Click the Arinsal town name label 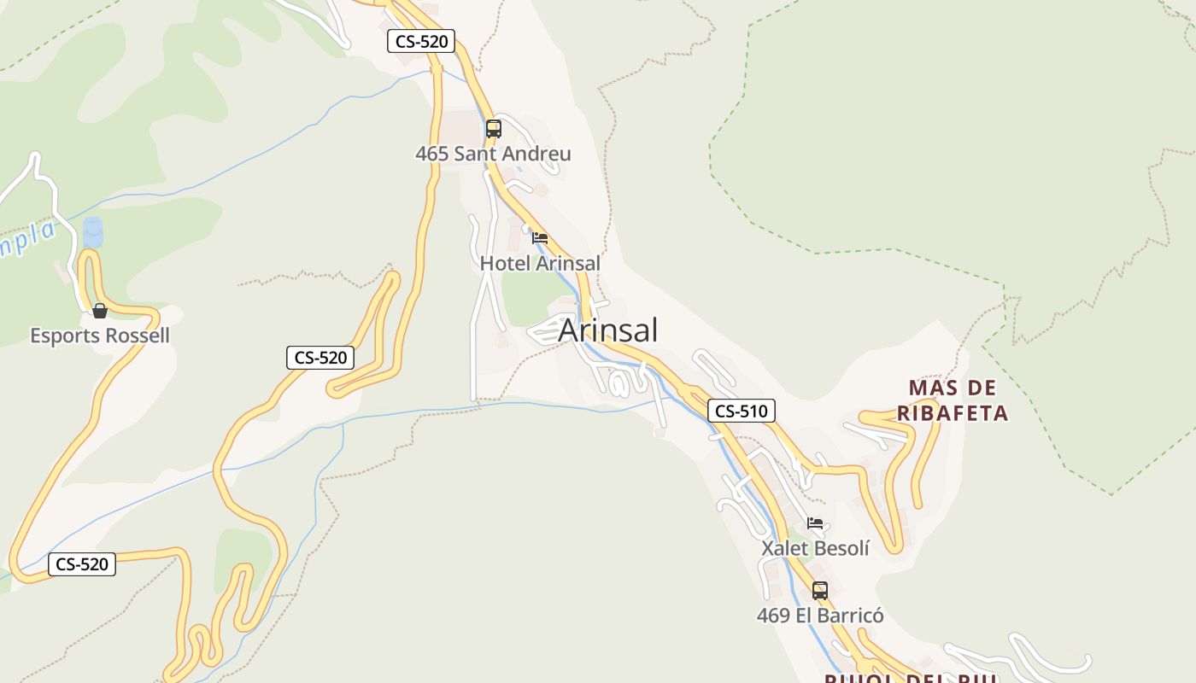click(x=607, y=330)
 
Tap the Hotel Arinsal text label click(x=540, y=264)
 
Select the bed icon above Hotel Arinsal click(x=540, y=238)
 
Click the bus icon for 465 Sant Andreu click(x=494, y=130)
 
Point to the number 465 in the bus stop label click(x=431, y=155)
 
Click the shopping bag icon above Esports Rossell click(x=100, y=311)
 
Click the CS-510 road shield click(x=741, y=412)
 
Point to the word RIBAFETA click(x=953, y=414)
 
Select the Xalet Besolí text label click(x=815, y=549)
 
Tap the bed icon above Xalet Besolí click(x=815, y=523)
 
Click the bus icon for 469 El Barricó click(x=820, y=590)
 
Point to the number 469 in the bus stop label click(x=773, y=616)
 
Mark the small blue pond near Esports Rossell click(x=92, y=232)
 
